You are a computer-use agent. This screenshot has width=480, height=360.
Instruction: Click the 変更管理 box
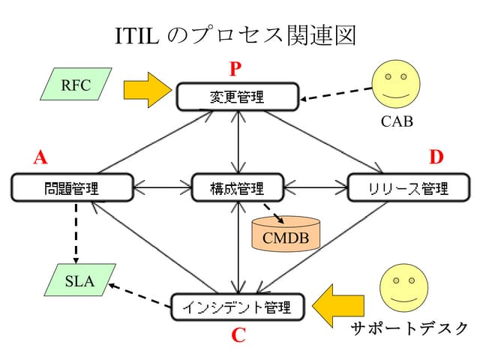238,95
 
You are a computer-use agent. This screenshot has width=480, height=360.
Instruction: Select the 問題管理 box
72,187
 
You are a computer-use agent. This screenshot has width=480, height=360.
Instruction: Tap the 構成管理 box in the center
238,187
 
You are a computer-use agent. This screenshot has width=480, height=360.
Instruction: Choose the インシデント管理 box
238,306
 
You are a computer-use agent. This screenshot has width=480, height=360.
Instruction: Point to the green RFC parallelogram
76,85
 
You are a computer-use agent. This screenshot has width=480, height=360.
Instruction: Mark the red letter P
236,70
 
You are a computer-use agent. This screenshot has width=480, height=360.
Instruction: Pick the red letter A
40,157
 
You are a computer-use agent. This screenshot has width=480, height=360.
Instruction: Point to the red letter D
436,157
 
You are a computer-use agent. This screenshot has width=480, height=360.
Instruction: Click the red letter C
238,334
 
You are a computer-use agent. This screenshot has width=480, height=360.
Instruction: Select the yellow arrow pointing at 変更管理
147,90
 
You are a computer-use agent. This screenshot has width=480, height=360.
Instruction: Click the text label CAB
397,121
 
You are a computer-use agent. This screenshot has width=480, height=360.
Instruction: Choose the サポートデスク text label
409,328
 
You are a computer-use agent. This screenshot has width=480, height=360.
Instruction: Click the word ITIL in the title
136,34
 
